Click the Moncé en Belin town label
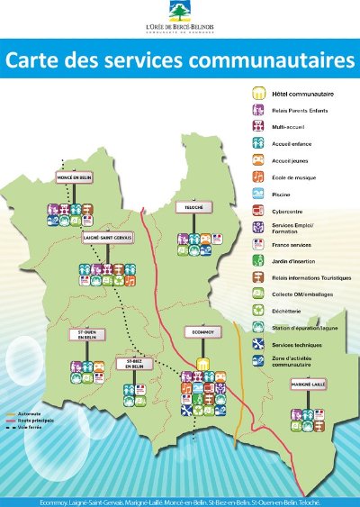76,178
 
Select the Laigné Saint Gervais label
107,238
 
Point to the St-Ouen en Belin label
88,335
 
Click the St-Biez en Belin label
135,364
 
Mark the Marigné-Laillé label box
309,385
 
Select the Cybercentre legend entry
285,211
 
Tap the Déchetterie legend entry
287,311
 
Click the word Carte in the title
38,61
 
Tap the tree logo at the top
179,15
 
